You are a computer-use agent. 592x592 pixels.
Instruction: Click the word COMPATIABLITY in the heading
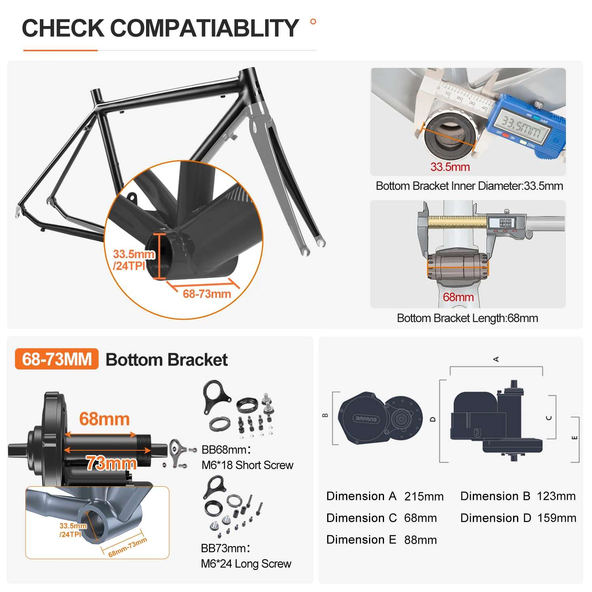204,28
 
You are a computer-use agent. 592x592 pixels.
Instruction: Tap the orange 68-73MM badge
57,359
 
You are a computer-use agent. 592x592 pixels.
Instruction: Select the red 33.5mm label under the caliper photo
450,167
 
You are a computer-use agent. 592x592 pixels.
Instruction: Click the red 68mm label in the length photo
458,297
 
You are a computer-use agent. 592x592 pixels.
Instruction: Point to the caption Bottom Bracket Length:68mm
467,318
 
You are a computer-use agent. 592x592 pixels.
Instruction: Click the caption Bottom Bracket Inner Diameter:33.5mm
469,186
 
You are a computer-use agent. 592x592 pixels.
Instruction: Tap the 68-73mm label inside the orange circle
207,294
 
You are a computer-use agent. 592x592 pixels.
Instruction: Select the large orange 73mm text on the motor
111,463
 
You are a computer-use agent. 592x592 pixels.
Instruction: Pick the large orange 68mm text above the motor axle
104,419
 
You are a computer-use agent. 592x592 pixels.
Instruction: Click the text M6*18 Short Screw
247,465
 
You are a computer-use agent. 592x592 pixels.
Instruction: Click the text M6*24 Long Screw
246,564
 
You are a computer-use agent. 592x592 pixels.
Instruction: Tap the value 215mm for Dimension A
424,496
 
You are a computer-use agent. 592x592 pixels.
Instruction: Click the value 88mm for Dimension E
420,540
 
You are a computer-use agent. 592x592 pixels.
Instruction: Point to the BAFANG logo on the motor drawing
366,419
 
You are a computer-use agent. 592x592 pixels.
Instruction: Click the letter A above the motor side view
496,359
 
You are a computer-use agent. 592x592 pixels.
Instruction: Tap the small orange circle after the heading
313,22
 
